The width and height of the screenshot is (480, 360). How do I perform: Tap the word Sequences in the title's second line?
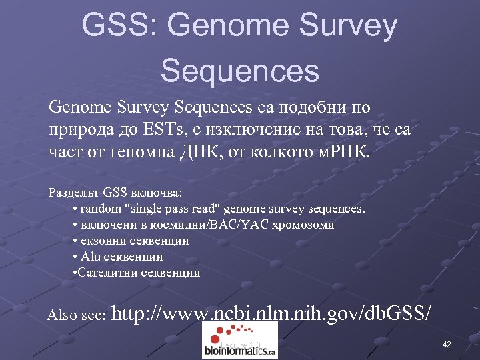[x=240, y=70]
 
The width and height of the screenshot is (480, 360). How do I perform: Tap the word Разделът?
[x=74, y=193]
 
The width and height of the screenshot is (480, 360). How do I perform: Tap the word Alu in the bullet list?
[x=89, y=257]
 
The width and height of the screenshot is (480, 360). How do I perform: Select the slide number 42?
[x=447, y=345]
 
